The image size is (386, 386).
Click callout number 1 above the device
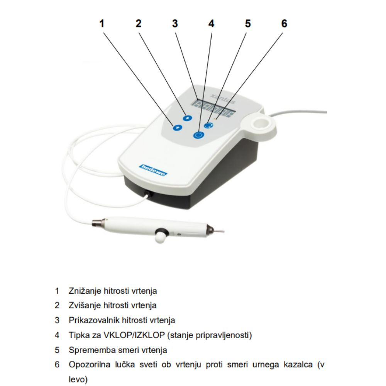[102, 24]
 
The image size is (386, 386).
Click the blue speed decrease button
[178, 127]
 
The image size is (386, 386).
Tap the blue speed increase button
[187, 118]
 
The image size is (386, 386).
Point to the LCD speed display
[213, 108]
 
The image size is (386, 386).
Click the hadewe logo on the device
[153, 170]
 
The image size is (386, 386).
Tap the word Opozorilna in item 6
[90, 365]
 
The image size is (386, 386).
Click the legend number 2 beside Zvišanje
[57, 305]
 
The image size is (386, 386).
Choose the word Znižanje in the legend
[85, 291]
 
